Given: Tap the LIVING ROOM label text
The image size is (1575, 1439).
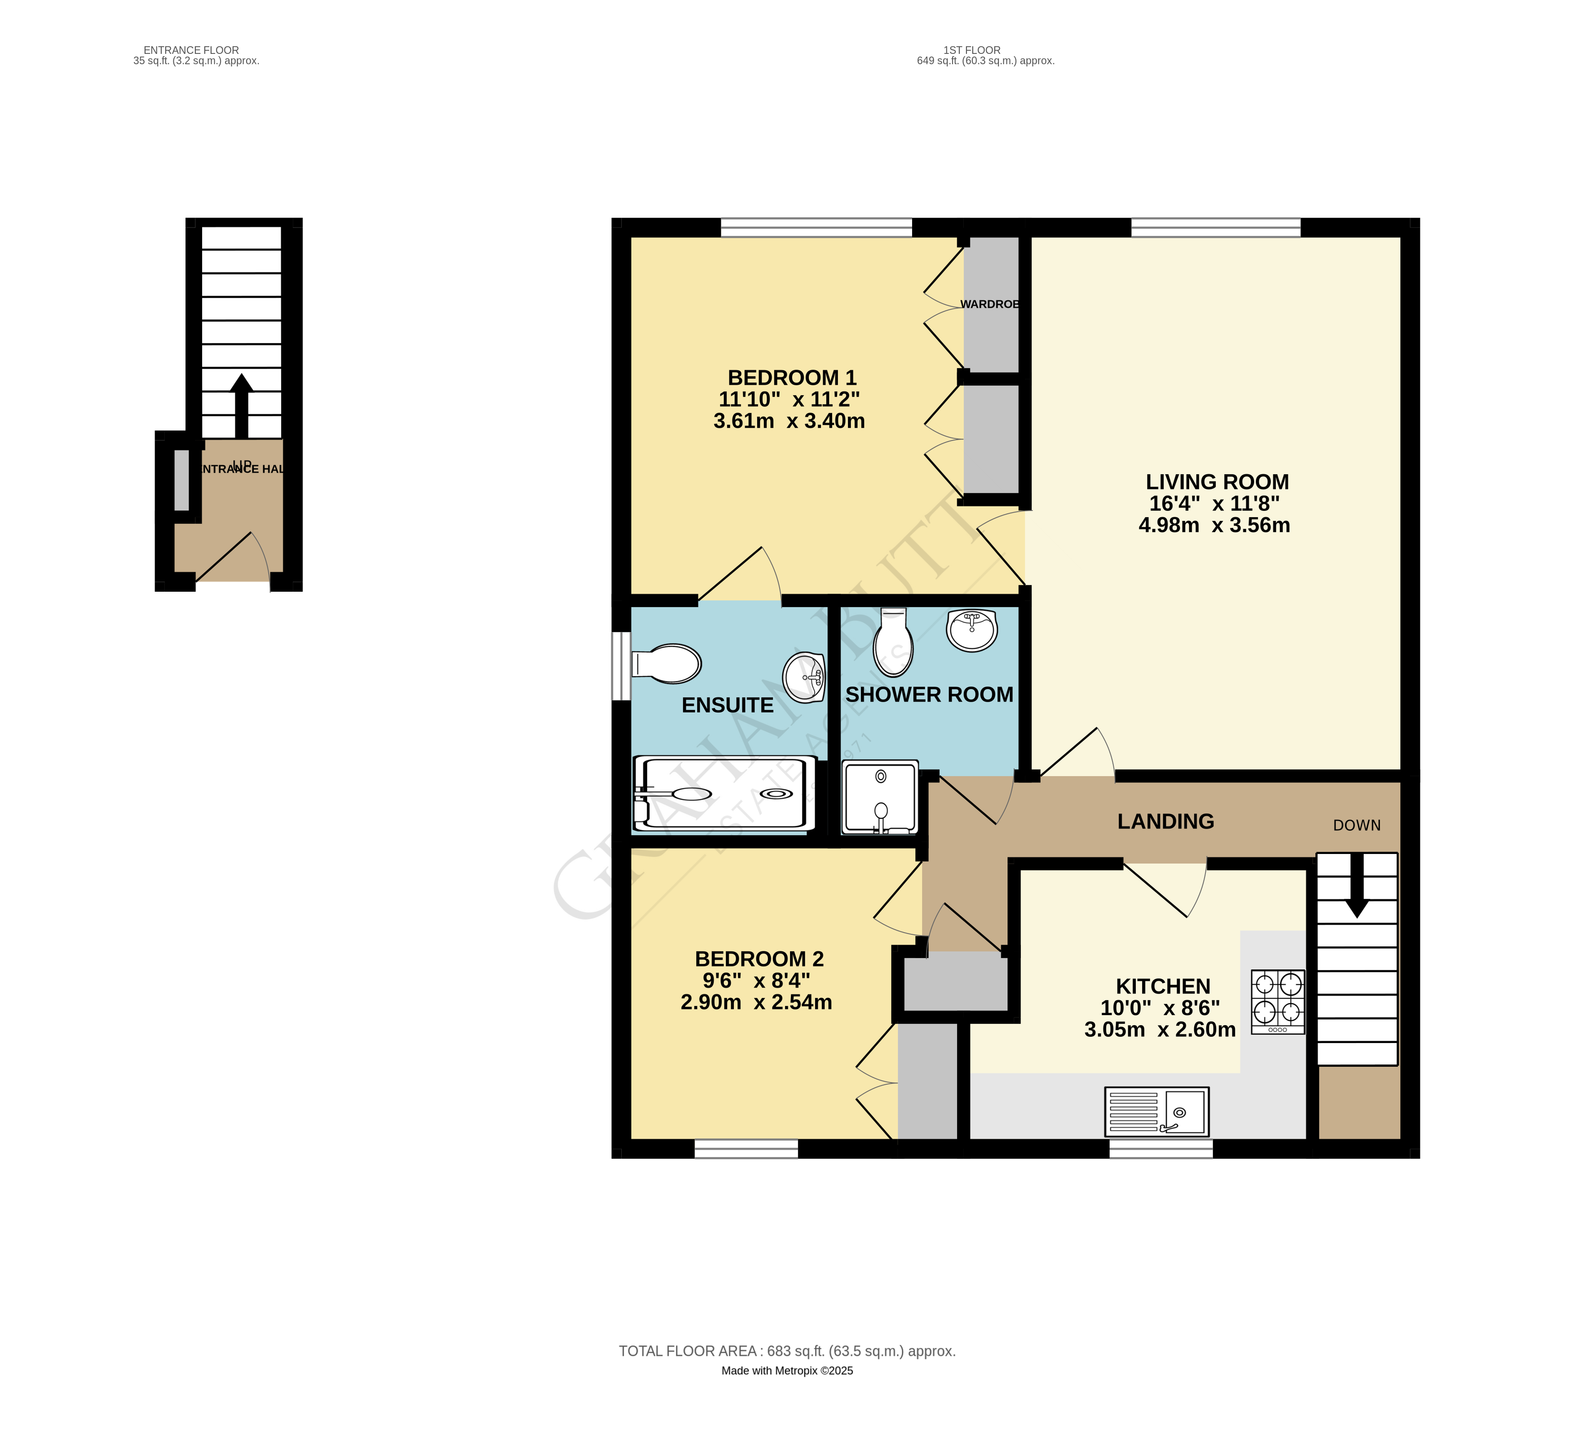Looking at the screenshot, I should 1217,482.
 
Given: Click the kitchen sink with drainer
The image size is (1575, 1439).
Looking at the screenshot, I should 1156,1111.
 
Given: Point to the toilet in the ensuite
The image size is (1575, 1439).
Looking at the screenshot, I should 666,664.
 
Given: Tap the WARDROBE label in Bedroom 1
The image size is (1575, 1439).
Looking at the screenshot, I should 989,304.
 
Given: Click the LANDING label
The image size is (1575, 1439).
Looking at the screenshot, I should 1165,821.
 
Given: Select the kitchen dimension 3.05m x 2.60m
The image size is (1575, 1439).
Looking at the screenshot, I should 1160,1030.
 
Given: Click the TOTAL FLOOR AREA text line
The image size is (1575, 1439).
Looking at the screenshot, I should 787,1351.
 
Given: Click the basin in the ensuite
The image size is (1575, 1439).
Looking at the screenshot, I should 804,677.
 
